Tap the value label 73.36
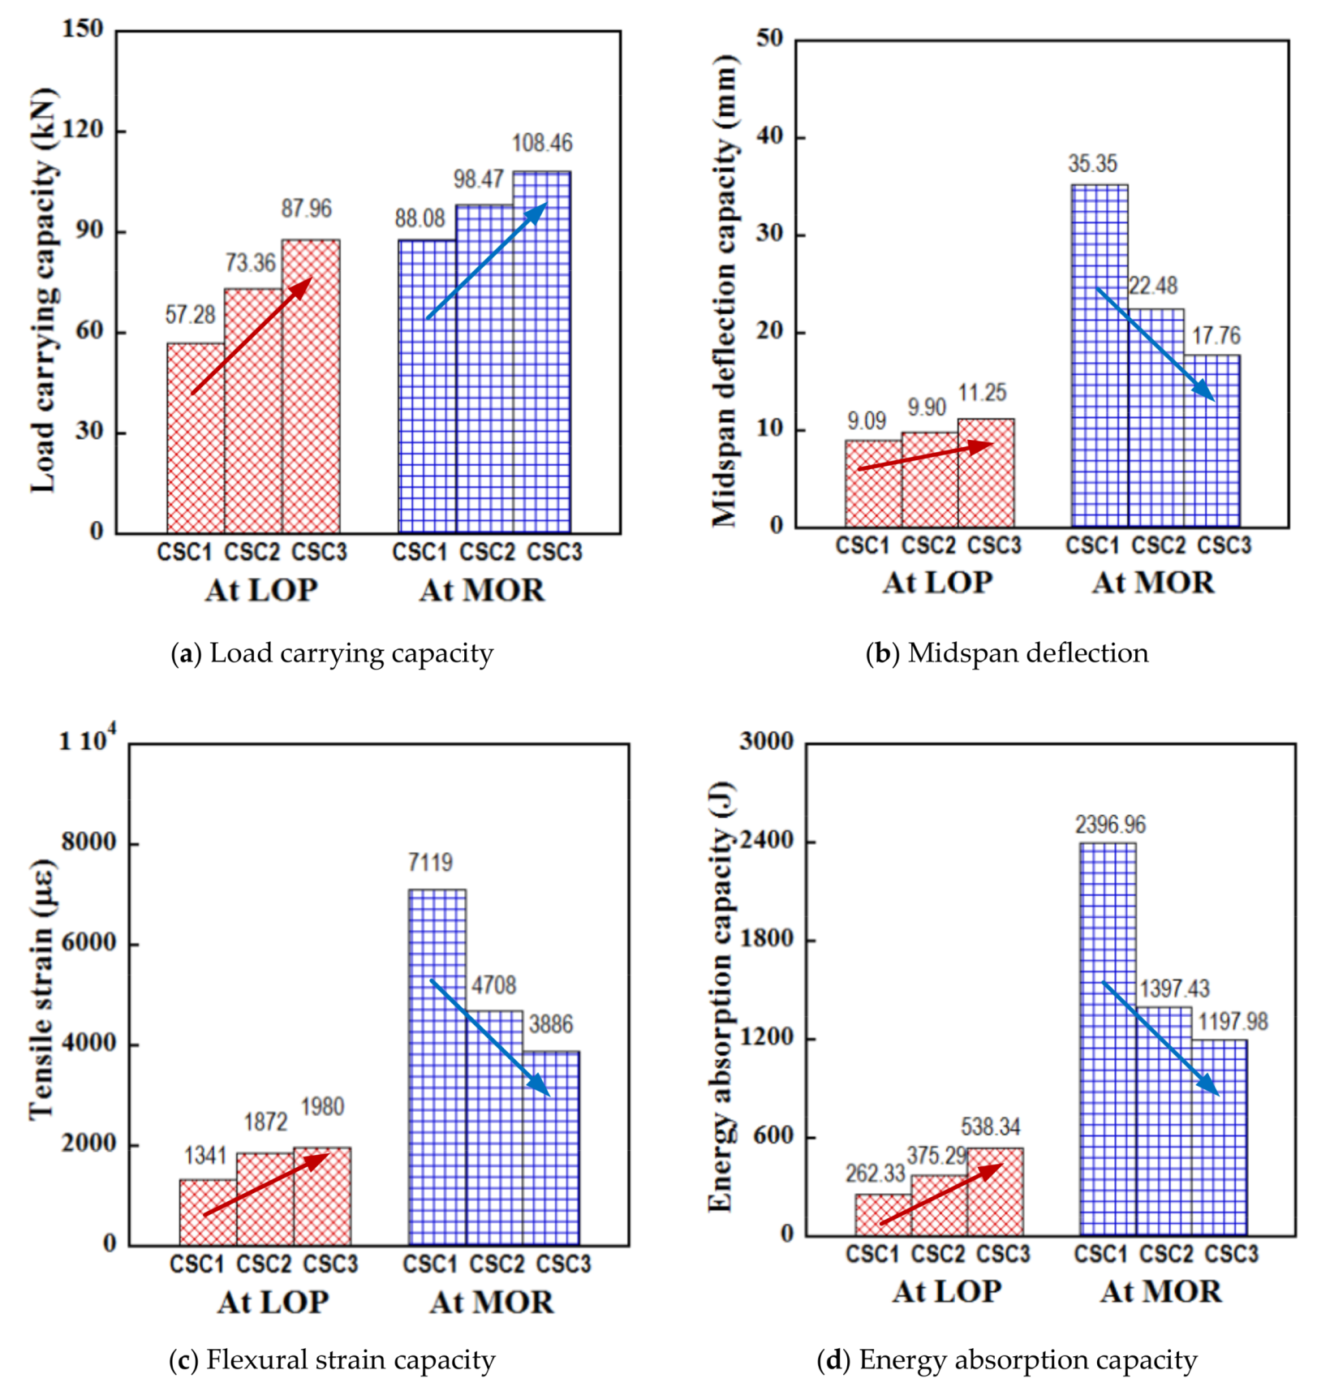(251, 263)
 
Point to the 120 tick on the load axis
(84, 130)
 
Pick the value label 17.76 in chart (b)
(1216, 335)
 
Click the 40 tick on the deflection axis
(769, 136)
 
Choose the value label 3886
(551, 1024)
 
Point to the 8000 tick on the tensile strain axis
(89, 842)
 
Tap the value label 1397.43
(1174, 989)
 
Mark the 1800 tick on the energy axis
(766, 938)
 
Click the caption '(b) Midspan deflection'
(1007, 653)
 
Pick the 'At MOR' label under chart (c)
(492, 1302)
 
